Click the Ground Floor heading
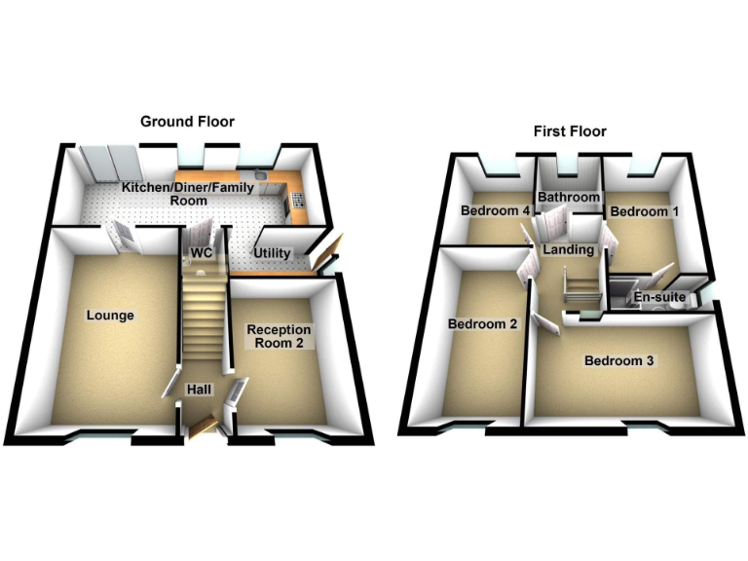click(x=187, y=122)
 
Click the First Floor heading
click(x=570, y=131)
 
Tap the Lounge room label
click(x=110, y=316)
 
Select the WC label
click(x=202, y=253)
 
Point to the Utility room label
click(x=272, y=253)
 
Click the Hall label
click(x=200, y=390)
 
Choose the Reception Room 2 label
click(x=279, y=336)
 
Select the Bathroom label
click(x=569, y=198)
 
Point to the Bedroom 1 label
click(x=639, y=211)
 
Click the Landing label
click(x=569, y=250)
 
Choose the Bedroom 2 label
click(x=481, y=324)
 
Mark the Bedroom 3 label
click(x=619, y=361)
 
